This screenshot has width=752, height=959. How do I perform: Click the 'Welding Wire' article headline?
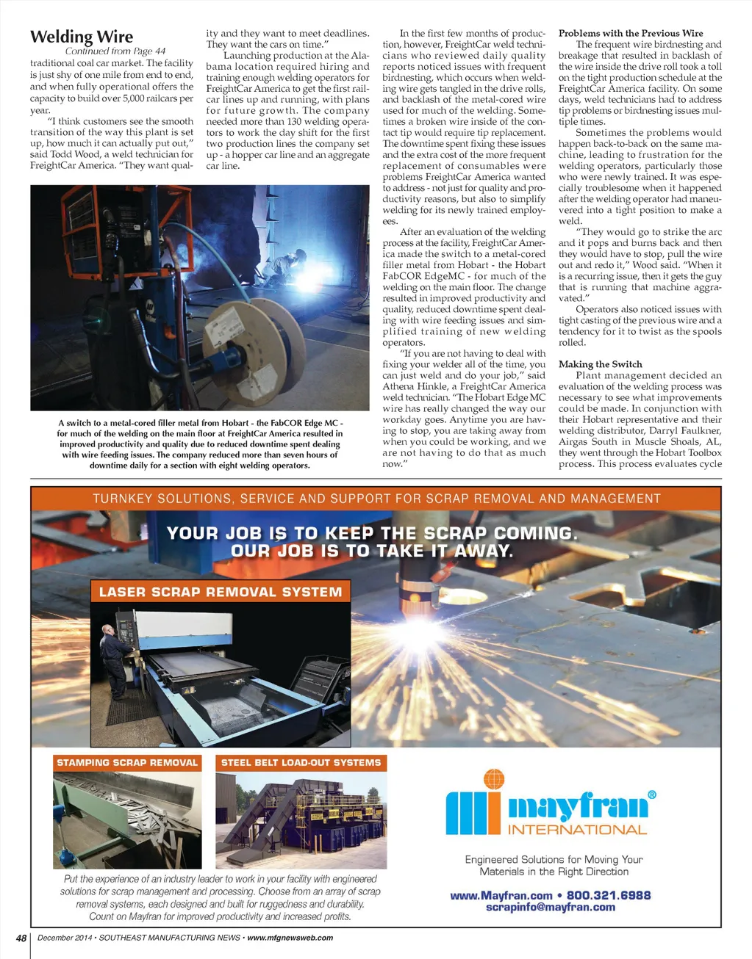pyautogui.click(x=82, y=37)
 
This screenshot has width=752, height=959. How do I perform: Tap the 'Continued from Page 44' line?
pyautogui.click(x=115, y=51)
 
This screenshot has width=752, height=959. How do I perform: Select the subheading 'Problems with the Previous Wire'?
pyautogui.click(x=631, y=33)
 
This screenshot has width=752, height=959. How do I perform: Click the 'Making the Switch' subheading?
pyautogui.click(x=600, y=364)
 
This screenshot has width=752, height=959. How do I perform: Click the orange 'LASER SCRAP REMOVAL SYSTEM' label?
pyautogui.click(x=220, y=592)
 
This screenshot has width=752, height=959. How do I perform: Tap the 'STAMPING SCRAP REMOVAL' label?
pyautogui.click(x=127, y=763)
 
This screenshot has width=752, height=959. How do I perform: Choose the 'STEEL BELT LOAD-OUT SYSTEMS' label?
pyautogui.click(x=301, y=763)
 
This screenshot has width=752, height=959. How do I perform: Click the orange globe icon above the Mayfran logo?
pyautogui.click(x=494, y=778)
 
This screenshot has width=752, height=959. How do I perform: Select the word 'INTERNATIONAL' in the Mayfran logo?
pyautogui.click(x=577, y=830)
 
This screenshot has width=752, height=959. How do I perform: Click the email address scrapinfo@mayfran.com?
pyautogui.click(x=550, y=908)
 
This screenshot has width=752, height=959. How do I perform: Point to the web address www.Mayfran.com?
pyautogui.click(x=501, y=895)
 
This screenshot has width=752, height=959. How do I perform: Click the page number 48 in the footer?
pyautogui.click(x=21, y=938)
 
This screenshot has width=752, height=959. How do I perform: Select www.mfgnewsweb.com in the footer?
pyautogui.click(x=290, y=938)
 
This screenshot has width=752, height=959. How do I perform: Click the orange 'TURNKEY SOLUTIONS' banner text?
pyautogui.click(x=376, y=499)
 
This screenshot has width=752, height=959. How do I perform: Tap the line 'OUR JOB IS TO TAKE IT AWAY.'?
pyautogui.click(x=371, y=551)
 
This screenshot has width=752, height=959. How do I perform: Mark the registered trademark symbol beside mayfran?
pyautogui.click(x=652, y=795)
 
